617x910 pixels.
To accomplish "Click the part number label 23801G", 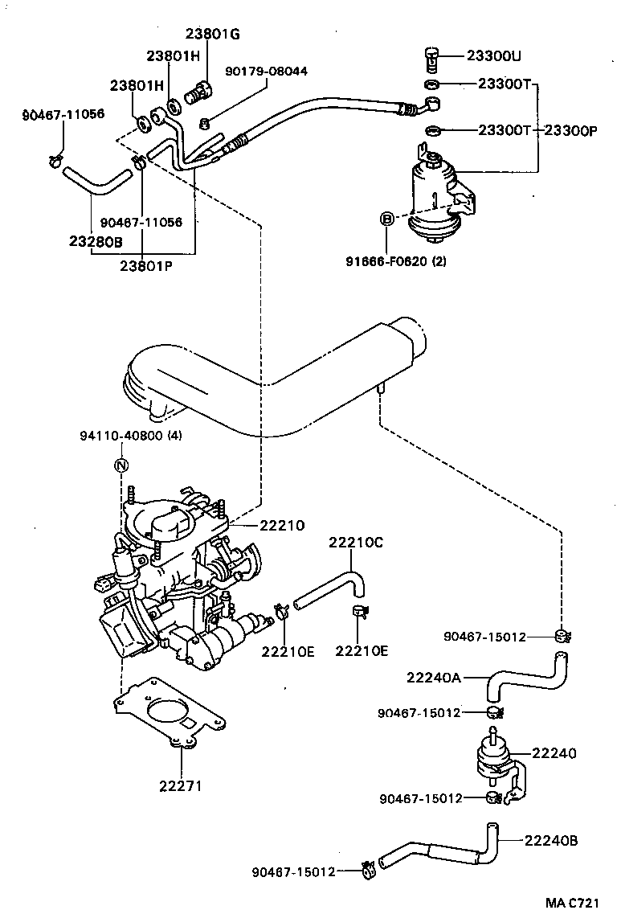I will pyautogui.click(x=212, y=34).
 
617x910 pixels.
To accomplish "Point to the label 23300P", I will pyautogui.click(x=570, y=130).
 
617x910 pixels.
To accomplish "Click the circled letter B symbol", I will pyautogui.click(x=386, y=218).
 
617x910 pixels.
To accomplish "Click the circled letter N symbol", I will pyautogui.click(x=121, y=465).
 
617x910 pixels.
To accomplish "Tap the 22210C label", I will pyautogui.click(x=355, y=543).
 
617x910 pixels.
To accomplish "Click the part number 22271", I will pyautogui.click(x=179, y=785).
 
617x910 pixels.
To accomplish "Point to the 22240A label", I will pyautogui.click(x=434, y=678).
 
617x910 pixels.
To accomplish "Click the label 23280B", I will pyautogui.click(x=96, y=240).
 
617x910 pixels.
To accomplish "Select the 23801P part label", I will pyautogui.click(x=146, y=264).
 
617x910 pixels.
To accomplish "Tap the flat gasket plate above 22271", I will pyautogui.click(x=165, y=712).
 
